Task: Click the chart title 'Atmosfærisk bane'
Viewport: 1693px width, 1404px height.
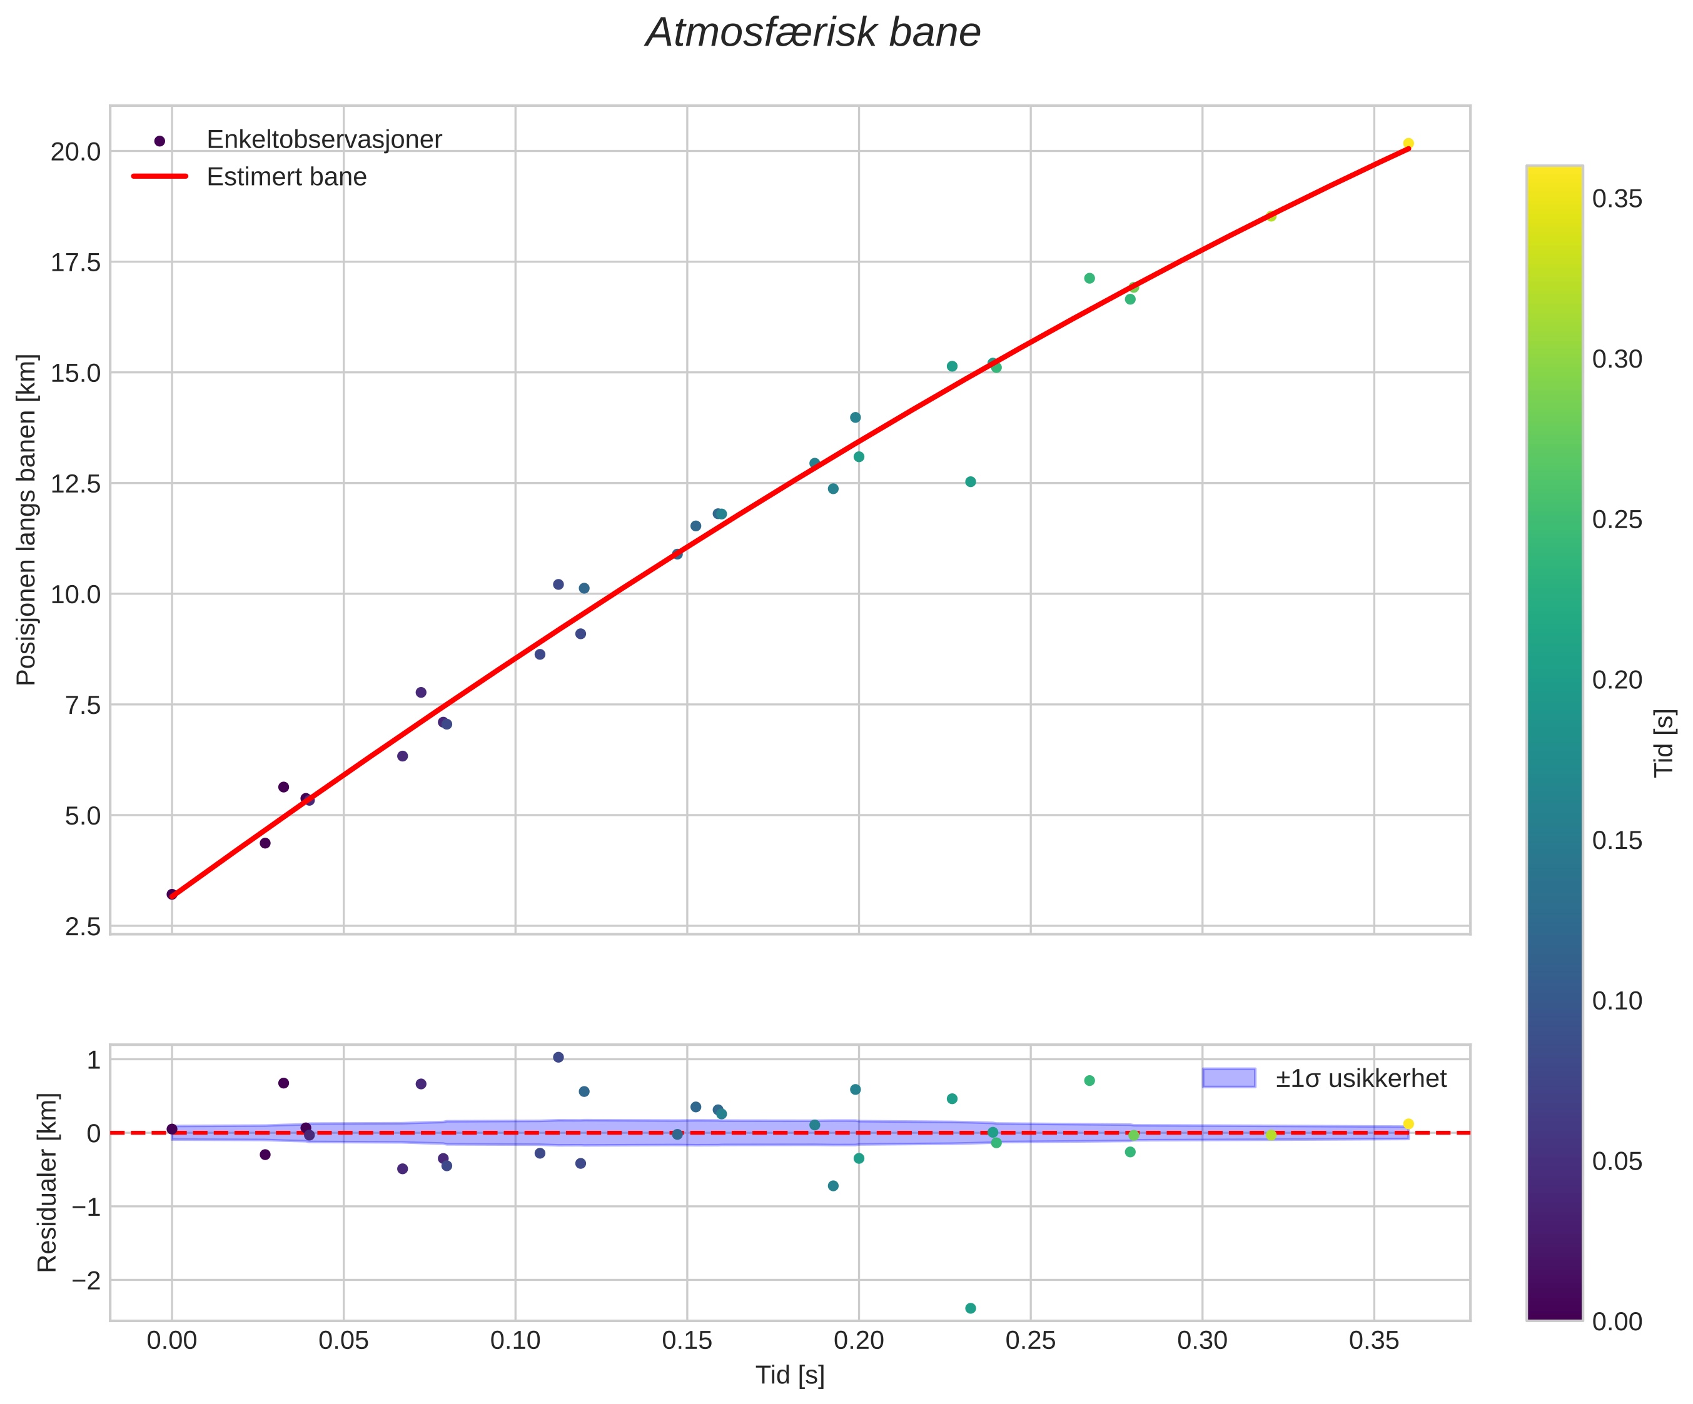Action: pos(812,34)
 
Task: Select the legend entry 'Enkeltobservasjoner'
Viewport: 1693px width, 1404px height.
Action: pos(324,140)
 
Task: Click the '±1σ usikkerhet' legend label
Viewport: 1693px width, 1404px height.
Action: pos(1361,1078)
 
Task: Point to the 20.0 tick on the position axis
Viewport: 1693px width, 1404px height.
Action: pos(76,151)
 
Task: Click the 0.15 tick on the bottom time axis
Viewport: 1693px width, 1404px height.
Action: pos(687,1341)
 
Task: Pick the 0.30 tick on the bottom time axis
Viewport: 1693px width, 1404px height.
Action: pos(1202,1341)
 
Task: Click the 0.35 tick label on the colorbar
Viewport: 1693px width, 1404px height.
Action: pos(1617,199)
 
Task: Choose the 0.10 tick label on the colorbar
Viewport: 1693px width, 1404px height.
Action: pos(1617,1001)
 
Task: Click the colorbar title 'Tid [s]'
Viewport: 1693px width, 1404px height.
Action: pos(1664,742)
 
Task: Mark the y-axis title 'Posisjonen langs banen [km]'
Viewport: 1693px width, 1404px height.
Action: pos(27,520)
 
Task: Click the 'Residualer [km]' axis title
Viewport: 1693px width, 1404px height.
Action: pos(48,1183)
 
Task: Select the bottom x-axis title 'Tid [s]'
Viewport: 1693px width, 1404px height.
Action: pos(789,1376)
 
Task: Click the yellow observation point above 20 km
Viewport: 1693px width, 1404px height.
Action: pos(1408,143)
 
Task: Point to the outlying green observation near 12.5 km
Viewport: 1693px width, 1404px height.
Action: pos(971,482)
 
